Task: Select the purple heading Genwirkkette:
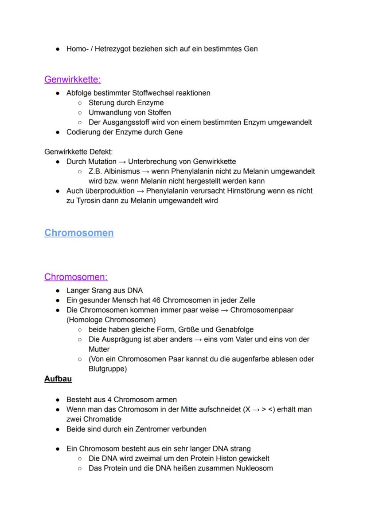73,79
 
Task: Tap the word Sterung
102,103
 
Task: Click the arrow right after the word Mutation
122,162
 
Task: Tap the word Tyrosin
88,201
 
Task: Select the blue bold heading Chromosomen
79,233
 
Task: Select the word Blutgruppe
106,368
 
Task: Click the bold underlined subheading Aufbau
58,379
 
